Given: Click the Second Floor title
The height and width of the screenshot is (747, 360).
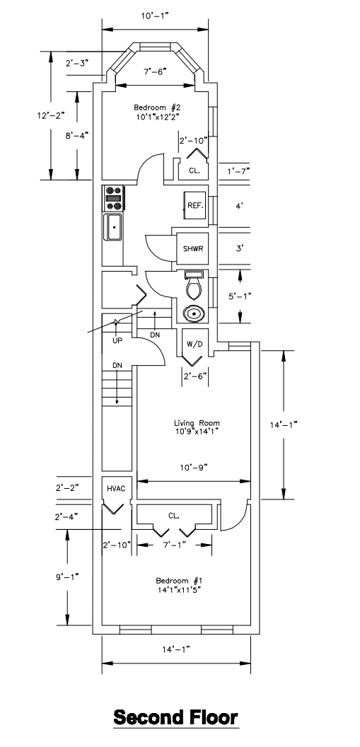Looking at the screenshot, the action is point(175,717).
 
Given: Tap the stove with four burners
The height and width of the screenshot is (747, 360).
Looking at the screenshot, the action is point(114,198).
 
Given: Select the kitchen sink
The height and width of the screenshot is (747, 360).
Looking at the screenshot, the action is point(113,228).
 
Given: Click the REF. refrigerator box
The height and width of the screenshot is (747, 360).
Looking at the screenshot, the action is point(196,206).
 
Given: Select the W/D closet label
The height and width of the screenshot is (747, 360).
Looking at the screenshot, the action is point(194,343).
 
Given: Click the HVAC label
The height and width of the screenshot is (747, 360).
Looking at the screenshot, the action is point(116,488).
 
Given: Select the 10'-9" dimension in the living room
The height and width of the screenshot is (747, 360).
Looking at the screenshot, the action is point(193,468).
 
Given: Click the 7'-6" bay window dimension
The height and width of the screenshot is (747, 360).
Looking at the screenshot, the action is point(155,72).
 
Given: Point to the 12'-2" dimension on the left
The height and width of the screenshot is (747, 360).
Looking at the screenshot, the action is point(50,115).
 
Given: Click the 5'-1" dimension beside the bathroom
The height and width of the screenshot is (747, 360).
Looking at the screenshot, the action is point(240,296).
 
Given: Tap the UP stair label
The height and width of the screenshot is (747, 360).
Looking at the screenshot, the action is point(117,341).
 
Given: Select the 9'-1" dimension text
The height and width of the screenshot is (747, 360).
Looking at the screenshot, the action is point(66,577).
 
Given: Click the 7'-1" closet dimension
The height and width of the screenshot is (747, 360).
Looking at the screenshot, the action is point(174,545).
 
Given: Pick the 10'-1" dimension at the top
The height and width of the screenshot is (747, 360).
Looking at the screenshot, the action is point(155,16).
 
